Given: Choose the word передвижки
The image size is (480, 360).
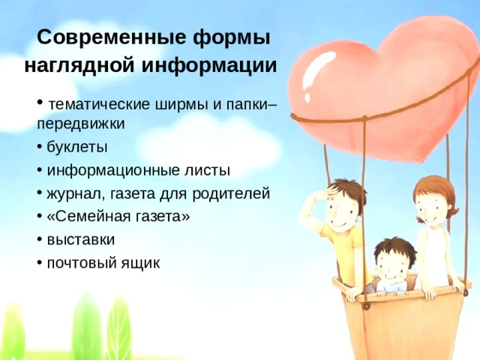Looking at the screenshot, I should [x=80, y=123].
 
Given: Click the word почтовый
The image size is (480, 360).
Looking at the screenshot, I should [x=79, y=263].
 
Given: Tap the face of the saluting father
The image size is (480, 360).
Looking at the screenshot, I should [x=346, y=205].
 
